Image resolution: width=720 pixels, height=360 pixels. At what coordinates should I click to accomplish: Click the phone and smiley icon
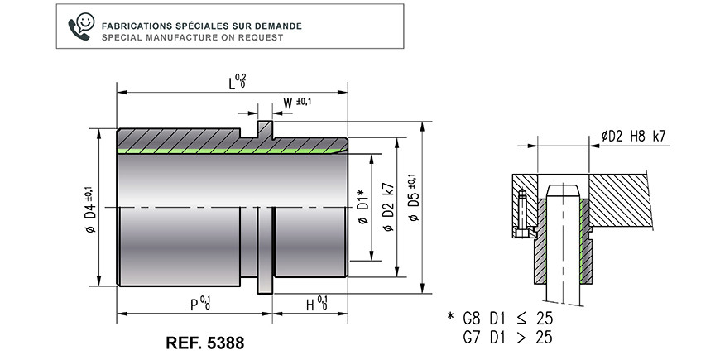click(x=81, y=26)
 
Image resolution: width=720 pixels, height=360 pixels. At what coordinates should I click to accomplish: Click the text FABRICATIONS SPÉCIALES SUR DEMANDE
click(x=202, y=26)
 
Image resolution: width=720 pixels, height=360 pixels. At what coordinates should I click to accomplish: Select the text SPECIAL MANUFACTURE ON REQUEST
click(x=192, y=37)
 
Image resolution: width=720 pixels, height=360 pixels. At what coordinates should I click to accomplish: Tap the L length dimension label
click(x=237, y=81)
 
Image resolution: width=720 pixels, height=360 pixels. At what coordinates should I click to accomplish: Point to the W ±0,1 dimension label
click(x=297, y=103)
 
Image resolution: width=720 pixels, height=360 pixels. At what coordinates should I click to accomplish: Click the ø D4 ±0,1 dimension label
click(x=90, y=209)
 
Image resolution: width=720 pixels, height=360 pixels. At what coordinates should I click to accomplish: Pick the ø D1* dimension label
click(x=362, y=206)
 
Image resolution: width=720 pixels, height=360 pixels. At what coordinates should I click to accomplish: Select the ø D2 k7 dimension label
click(x=388, y=206)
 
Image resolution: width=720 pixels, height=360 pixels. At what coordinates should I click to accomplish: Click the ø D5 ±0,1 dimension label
click(x=413, y=198)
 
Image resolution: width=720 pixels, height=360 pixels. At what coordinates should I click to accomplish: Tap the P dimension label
click(x=200, y=304)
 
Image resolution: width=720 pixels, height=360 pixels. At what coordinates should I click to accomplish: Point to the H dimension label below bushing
click(x=317, y=304)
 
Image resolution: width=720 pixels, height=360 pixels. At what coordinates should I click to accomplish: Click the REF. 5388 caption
click(x=205, y=343)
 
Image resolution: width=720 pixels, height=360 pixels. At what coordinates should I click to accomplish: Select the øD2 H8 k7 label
click(x=633, y=136)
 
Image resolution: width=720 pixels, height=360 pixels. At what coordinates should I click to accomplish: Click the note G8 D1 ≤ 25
click(x=508, y=318)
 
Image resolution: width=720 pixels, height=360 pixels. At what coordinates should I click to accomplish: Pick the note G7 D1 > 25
click(x=508, y=338)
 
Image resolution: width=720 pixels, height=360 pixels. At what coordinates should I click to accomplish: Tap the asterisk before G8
click(x=450, y=316)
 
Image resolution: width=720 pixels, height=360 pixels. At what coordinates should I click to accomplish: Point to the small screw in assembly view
click(x=522, y=214)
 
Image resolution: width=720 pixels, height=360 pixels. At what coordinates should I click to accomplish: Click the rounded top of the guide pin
click(x=563, y=190)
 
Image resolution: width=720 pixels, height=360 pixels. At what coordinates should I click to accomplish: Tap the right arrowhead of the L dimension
click(x=343, y=93)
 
